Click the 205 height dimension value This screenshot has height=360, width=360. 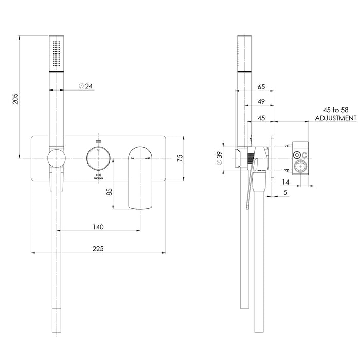click(15, 98)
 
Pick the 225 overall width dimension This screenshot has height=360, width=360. click(98, 249)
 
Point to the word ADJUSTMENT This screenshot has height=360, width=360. click(335, 118)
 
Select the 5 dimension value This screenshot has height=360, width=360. click(284, 193)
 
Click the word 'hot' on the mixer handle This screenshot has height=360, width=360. click(133, 159)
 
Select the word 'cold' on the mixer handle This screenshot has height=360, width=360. click(148, 159)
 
